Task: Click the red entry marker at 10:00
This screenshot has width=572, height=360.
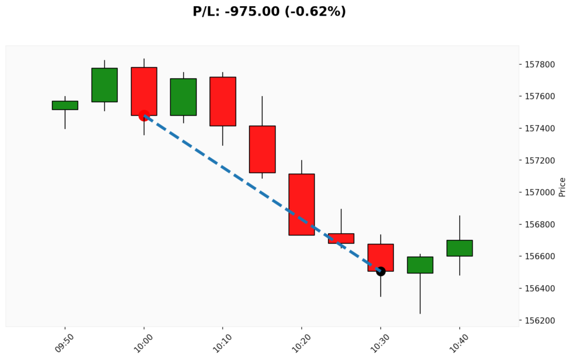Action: pos(144,115)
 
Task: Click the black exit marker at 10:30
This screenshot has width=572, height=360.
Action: pos(380,271)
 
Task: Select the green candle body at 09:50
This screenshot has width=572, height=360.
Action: pos(65,105)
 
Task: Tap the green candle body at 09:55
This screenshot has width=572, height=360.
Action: pos(104,85)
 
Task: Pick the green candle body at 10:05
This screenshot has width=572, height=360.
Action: pos(183,97)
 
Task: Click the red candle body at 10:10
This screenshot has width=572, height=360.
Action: pos(223,101)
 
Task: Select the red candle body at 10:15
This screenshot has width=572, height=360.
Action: pos(262,149)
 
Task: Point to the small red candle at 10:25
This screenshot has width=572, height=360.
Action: pos(341,238)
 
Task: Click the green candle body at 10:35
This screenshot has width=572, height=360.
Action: pos(420,265)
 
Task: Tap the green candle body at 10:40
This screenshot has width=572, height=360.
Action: pos(459,248)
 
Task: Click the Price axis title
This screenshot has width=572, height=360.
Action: pos(562,187)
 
